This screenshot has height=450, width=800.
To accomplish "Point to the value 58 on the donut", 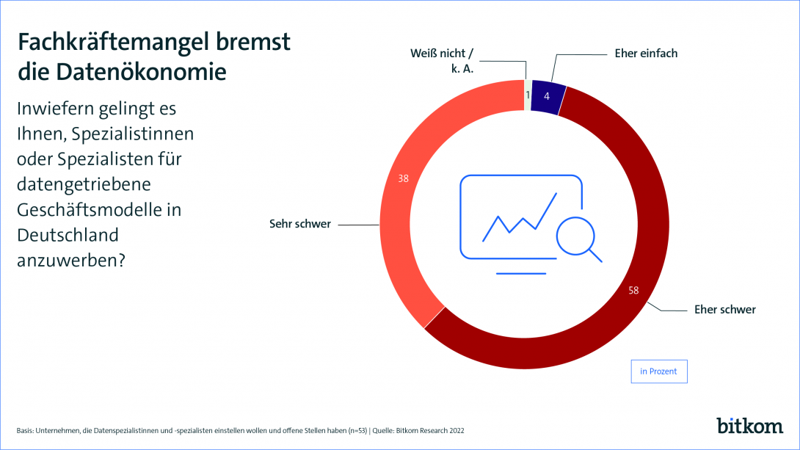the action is (x=633, y=290).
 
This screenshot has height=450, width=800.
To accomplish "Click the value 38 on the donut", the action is (x=403, y=178).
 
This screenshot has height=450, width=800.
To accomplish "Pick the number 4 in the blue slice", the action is (x=547, y=96).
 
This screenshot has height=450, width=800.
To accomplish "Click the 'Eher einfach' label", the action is (x=646, y=54).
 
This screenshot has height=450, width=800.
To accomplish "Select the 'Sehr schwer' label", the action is (x=300, y=224).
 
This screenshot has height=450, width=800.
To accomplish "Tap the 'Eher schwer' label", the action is (x=725, y=310).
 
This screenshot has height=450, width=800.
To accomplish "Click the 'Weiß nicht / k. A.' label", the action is (x=443, y=61).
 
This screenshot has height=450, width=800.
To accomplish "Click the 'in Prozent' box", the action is (x=658, y=371).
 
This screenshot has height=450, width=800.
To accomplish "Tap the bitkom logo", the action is (x=749, y=426).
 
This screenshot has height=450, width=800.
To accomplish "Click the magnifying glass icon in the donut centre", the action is (x=579, y=240).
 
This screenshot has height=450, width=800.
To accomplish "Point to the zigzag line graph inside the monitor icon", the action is (x=520, y=217).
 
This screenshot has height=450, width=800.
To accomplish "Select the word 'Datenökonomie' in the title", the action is (x=142, y=72).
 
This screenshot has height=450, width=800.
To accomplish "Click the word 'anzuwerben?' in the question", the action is (x=71, y=261).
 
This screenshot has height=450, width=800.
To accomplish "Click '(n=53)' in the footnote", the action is (x=357, y=431).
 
